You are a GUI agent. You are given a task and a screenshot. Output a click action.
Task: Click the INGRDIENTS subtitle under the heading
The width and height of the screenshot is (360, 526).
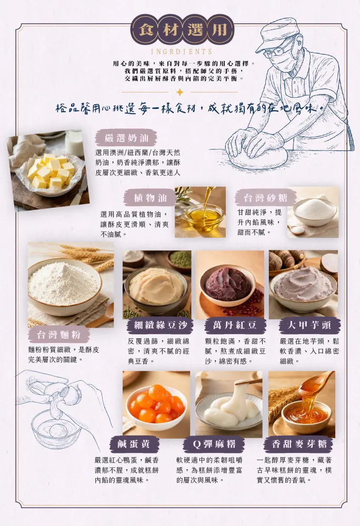tap(182, 52)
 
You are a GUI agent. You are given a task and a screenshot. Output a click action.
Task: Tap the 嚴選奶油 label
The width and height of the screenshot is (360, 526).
tap(126, 137)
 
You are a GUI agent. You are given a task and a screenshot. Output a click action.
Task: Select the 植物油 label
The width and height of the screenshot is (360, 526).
tap(149, 197)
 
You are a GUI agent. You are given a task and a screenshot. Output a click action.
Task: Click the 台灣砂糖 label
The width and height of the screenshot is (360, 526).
tap(266, 198)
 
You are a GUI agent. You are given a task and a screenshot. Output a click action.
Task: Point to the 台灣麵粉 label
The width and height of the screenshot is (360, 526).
tap(59, 335)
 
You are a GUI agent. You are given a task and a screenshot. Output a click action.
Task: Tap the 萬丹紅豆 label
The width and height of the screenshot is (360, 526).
tap(235, 325)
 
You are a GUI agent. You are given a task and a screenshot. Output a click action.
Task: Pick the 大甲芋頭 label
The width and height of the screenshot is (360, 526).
tap(309, 325)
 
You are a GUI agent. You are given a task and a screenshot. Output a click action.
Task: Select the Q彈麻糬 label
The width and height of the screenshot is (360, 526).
tap(214, 444)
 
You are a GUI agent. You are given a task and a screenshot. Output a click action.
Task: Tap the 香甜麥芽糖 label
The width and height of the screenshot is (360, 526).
tap(299, 444)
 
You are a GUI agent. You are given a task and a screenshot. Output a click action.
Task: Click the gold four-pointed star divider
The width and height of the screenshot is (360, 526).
tap(180, 92)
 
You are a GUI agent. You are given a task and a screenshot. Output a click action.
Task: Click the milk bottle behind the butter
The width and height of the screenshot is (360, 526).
tap(74, 143)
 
